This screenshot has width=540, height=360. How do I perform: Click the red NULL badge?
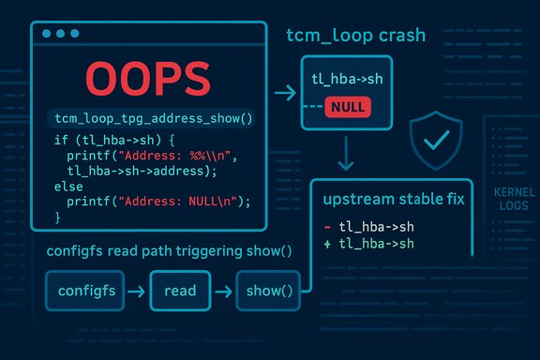[347, 108]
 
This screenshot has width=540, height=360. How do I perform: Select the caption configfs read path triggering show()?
[168, 251]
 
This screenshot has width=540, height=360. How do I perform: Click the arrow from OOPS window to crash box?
[279, 94]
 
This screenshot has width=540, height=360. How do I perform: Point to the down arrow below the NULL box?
[347, 152]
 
